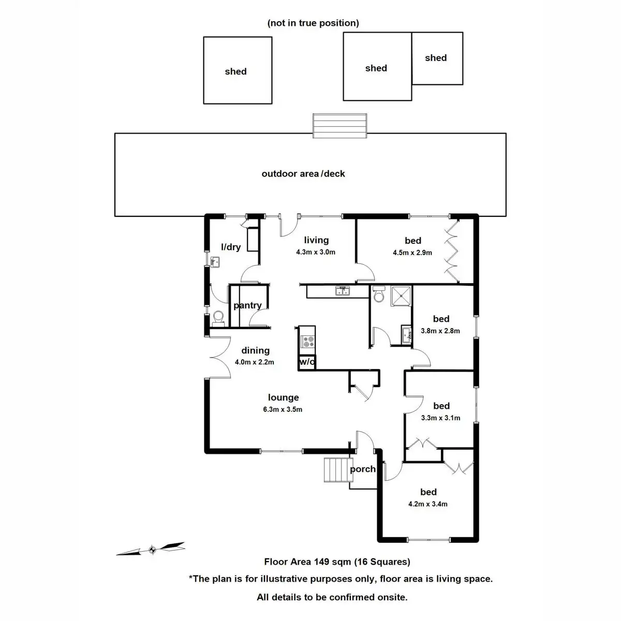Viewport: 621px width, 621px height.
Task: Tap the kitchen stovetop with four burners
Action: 307,342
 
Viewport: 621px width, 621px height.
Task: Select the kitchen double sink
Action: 342,291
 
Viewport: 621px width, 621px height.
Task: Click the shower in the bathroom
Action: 401,296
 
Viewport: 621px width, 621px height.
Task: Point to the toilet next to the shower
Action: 379,294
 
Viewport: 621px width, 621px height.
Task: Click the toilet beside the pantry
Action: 219,319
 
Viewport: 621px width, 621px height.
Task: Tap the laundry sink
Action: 215,262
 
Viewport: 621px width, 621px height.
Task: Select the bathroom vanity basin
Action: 406,335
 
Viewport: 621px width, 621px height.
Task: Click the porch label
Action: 363,469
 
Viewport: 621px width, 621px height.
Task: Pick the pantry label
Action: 247,305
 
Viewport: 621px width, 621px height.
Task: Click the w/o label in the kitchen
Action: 307,362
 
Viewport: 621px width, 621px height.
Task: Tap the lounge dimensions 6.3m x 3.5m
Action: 283,409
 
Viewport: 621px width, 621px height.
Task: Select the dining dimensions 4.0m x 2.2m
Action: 254,362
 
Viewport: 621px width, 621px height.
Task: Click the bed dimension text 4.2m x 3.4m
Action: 427,504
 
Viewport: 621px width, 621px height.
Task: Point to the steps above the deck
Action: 339,126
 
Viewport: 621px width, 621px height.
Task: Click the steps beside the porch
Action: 337,469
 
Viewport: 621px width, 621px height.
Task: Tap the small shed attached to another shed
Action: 437,58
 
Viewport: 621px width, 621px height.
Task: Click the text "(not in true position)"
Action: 313,23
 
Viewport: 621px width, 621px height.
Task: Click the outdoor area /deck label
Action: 303,174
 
